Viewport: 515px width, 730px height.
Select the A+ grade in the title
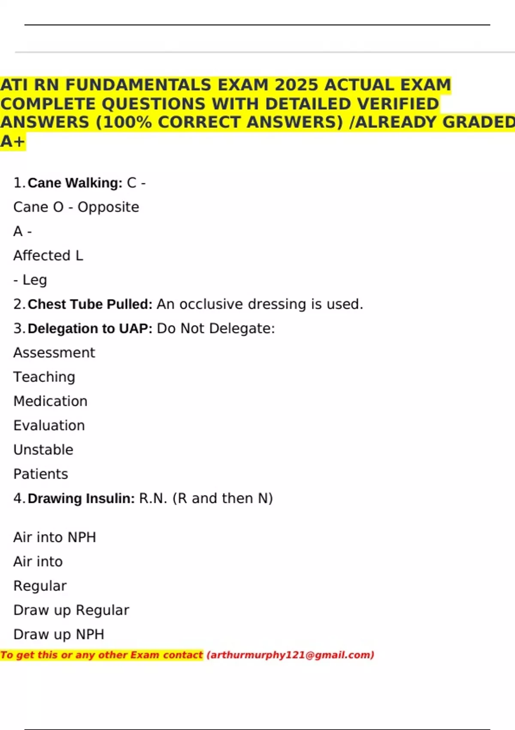[x=12, y=141]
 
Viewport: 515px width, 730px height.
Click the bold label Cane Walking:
[x=75, y=183]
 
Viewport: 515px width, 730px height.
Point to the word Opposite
[x=108, y=207]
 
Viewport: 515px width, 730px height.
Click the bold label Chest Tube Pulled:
[x=90, y=304]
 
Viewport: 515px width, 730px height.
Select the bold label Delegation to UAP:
[x=90, y=328]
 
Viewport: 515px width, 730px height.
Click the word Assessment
[x=54, y=353]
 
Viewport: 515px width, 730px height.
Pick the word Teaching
[x=44, y=377]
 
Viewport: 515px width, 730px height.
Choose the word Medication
[x=50, y=401]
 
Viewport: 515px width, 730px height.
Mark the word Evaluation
[x=49, y=426]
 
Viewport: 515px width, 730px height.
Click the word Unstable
[x=43, y=450]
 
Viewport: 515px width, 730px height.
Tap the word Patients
[x=41, y=474]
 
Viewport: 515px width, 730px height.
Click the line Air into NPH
[x=55, y=537]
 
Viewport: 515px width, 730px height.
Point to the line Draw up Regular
[x=71, y=610]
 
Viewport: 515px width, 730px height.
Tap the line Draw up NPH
[x=59, y=634]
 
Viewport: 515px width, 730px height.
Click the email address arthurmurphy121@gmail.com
[x=291, y=655]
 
